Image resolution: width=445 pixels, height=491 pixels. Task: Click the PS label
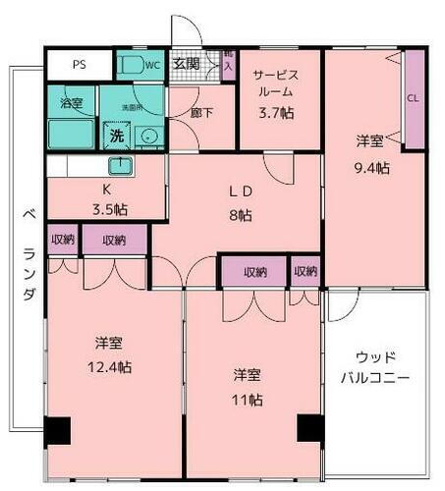coord(80,66)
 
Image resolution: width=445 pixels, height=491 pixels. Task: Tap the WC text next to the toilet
coord(152,66)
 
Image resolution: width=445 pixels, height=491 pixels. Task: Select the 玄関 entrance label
coord(187,65)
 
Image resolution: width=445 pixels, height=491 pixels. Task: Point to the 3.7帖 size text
coord(275,112)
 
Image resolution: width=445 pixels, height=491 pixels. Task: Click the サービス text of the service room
coord(275,75)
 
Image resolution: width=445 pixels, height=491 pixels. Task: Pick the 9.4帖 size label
coord(371,167)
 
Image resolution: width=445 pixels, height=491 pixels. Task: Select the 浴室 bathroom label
coord(71,102)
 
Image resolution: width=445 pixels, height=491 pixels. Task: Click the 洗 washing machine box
coord(117,136)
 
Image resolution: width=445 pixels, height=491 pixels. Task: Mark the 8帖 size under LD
coord(239,216)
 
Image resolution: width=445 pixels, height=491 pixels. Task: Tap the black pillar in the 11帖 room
coord(310,430)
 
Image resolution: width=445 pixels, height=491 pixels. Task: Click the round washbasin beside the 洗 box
coord(149,136)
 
